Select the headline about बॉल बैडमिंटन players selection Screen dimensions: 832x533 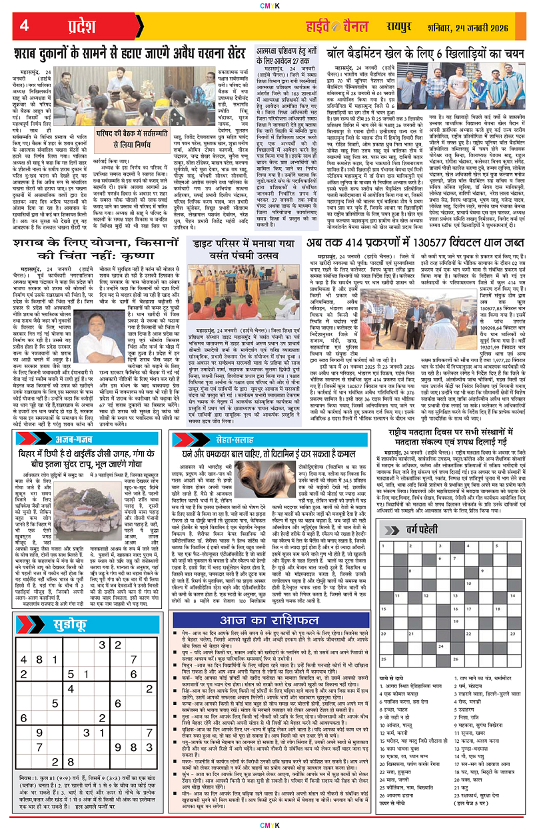426,53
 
